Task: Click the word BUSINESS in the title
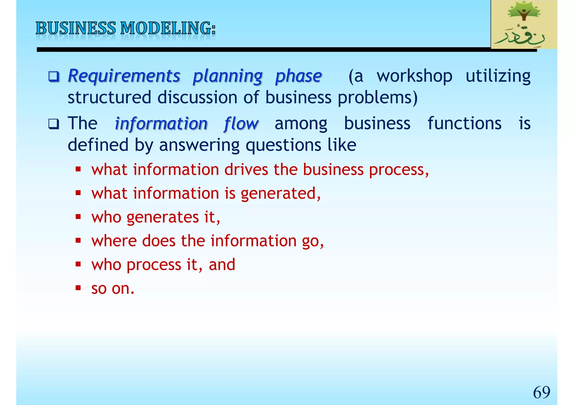point(76,28)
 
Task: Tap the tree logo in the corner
point(524,25)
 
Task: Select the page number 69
point(541,392)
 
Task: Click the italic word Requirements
point(124,76)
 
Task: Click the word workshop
point(414,76)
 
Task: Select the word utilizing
point(498,76)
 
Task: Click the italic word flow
point(241,124)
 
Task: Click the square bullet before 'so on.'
point(78,288)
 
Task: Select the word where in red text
point(114,241)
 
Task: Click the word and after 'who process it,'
point(222,265)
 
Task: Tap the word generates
point(163,217)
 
